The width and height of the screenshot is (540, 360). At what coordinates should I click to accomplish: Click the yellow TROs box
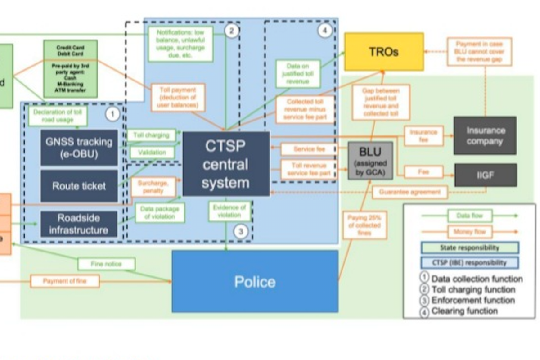pos(384,52)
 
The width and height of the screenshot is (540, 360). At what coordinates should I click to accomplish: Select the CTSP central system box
pos(226,164)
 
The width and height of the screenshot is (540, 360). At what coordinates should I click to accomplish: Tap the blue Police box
pos(255,282)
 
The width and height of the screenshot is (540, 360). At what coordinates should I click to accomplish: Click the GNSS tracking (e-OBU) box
pos(79,148)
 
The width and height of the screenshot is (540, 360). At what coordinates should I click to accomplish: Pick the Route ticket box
pos(79,186)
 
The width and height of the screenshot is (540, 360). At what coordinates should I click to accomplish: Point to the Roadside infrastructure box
pos(79,224)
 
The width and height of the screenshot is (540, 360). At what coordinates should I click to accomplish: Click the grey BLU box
pos(370,161)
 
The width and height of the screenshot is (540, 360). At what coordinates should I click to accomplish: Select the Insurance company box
pos(485,135)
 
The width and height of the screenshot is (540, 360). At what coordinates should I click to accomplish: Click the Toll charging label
pos(151,135)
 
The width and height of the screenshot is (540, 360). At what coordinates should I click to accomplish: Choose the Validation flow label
pos(152,153)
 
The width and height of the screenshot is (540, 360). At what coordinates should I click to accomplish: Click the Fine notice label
pos(106,264)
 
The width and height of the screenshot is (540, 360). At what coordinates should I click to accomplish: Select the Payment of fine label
pos(65,281)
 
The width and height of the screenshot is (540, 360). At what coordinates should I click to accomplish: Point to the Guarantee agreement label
pos(409,192)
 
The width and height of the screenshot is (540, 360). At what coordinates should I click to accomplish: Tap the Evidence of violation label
pos(229,211)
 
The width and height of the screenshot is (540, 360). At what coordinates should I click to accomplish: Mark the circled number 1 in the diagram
pos(112,114)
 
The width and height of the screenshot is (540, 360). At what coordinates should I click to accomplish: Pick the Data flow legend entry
pos(469,216)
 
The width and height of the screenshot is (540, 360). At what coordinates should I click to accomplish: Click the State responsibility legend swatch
pos(469,247)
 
